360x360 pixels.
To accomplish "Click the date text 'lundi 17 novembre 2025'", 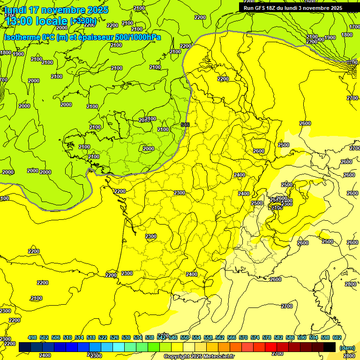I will click(x=56, y=10).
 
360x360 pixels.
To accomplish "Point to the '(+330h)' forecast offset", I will click(x=83, y=21).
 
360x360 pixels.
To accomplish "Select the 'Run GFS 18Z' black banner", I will click(x=293, y=7).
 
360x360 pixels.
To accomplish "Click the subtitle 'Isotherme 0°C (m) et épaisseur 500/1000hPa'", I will click(x=82, y=37).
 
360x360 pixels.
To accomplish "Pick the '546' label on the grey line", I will click(x=185, y=124).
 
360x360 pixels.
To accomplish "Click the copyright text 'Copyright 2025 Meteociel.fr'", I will click(x=199, y=357).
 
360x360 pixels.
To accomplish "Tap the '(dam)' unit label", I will click(x=346, y=348).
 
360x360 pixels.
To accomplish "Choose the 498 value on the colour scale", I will click(x=32, y=337).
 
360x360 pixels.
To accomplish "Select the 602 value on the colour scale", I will click(x=337, y=337).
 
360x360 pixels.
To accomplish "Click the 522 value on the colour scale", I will click(x=103, y=337).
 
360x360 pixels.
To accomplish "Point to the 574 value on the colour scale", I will click(x=255, y=337).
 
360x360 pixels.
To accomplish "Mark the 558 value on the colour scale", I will click(x=208, y=337).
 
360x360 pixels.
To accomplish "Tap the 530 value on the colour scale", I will click(x=126, y=337).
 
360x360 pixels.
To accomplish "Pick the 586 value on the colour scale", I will click(x=290, y=337).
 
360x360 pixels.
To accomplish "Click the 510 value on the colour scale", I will click(x=67, y=337).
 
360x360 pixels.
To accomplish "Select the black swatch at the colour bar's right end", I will click(x=330, y=347).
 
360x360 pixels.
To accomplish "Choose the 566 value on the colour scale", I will click(x=232, y=337).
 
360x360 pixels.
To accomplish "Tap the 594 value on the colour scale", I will click(x=314, y=337).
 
